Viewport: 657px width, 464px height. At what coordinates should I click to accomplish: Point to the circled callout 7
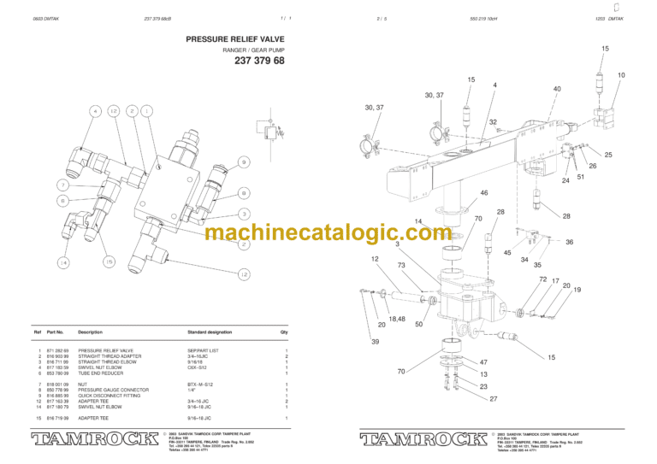point(63,185)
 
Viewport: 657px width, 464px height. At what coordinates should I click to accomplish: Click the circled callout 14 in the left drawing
point(63,261)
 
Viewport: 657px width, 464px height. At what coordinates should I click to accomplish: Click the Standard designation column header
point(209,332)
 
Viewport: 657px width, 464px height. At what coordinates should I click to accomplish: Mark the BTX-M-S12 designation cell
point(199,385)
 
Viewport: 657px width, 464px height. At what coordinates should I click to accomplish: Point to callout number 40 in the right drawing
point(557,89)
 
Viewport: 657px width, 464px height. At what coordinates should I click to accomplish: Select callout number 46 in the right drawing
point(483,193)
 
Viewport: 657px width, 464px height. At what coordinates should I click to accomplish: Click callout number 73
point(401,266)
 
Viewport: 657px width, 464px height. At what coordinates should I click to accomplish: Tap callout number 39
point(375,342)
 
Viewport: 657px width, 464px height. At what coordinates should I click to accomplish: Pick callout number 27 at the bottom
point(493,399)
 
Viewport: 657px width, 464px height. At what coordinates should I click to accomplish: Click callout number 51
point(580,177)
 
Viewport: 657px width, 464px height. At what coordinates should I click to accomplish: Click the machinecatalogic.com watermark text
point(328,232)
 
